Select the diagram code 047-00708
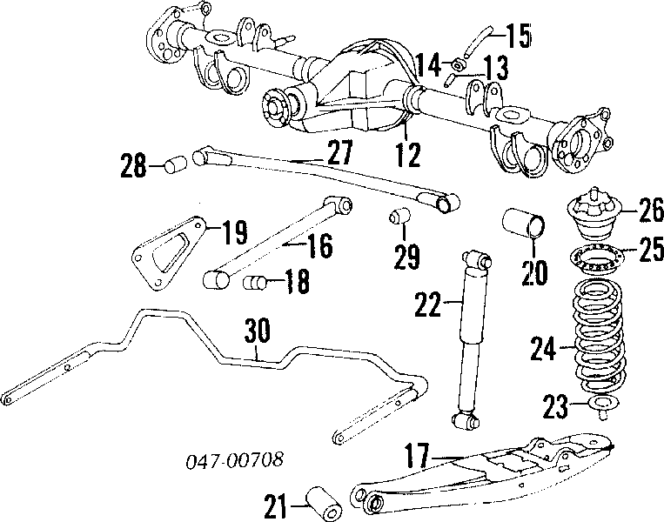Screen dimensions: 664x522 click(x=235, y=460)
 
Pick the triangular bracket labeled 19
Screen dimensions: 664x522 click(x=170, y=253)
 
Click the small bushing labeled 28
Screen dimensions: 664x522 click(x=175, y=164)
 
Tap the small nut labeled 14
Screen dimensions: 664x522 click(x=459, y=64)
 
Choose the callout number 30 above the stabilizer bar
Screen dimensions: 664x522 click(x=257, y=331)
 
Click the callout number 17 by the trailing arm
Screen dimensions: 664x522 click(x=417, y=455)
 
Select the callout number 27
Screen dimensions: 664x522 click(x=340, y=152)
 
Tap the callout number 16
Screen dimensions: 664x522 click(x=320, y=245)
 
